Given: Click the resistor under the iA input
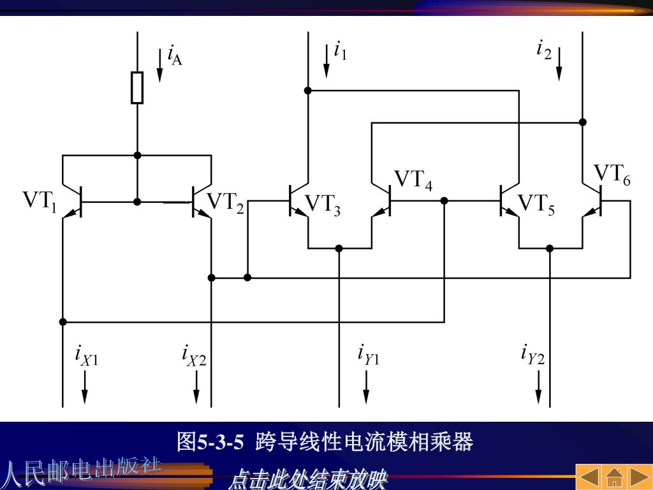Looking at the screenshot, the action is tap(137, 88).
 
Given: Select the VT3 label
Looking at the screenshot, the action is tap(323, 205).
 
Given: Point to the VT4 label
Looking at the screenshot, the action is tap(413, 180).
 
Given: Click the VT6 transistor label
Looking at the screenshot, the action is tap(612, 174).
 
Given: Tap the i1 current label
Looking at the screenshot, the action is tap(341, 50).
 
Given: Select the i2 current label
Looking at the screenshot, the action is tap(543, 49).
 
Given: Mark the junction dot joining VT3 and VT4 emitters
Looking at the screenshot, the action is tap(339, 248).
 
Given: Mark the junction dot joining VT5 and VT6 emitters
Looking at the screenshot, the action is tap(550, 248).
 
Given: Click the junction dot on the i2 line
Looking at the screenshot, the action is tap(582, 122).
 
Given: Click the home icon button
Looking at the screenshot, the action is tap(614, 477).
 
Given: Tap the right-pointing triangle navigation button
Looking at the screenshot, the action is tap(640, 477).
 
